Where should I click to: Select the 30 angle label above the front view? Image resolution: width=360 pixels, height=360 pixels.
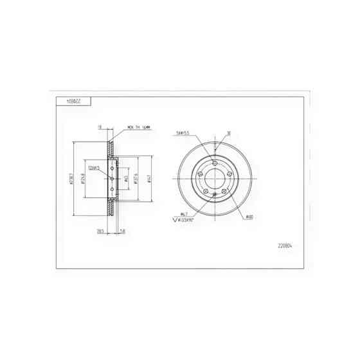[228, 134]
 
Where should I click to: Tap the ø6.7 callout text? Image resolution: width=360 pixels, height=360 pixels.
[183, 213]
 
